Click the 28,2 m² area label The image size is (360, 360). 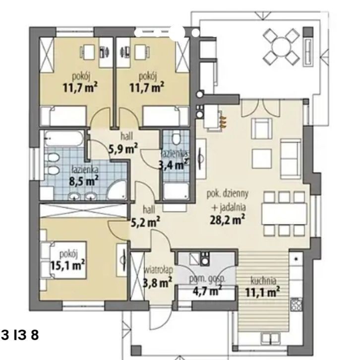pos(227,220)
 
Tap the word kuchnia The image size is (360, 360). pos(263,281)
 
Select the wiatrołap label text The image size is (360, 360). pos(158,270)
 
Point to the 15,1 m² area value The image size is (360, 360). pos(67,265)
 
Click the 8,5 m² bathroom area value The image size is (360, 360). pos(84,181)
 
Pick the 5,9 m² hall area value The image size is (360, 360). pos(123,149)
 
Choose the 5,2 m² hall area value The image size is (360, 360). pos(145,222)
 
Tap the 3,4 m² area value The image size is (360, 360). pos(174,165)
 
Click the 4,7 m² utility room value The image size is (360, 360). pos(207,291)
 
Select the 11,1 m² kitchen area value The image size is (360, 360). pos(262,292)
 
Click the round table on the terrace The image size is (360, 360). pos(281,47)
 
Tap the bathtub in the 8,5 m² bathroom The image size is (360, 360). pos(64,138)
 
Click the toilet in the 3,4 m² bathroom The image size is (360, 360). pos(176,138)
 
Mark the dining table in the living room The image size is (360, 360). pos(284,214)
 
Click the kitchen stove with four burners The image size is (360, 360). pos(296,304)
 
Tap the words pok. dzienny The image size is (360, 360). pos(228,194)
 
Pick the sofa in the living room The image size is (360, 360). pos(291,159)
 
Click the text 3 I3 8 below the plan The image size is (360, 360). pos(20,335)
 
